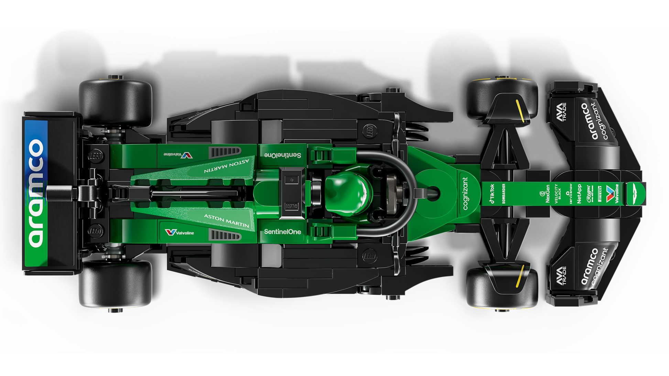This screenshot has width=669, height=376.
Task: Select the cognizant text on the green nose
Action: tap(465, 193)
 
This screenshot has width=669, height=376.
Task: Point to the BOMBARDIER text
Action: tap(504, 193)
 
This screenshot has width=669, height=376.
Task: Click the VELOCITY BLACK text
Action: tap(558, 194)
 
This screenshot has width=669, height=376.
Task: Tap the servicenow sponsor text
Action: tap(569, 194)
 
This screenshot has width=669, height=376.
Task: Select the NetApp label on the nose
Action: tap(579, 194)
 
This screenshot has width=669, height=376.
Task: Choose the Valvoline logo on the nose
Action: tap(612, 194)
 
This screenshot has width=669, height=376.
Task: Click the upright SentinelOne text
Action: tap(282, 232)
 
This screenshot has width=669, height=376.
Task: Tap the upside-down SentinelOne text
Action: tap(282, 155)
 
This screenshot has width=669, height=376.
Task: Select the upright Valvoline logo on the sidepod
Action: tap(179, 232)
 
